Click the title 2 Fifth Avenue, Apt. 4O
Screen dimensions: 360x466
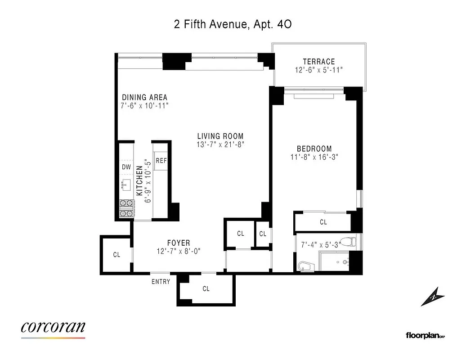[x=233, y=24]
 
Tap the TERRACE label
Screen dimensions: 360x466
[x=318, y=62]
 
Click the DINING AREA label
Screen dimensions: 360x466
[x=145, y=98]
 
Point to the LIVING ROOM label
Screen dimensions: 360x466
[x=220, y=136]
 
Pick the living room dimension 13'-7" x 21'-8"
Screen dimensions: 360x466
[x=220, y=144]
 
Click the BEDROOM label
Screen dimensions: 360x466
[x=314, y=148]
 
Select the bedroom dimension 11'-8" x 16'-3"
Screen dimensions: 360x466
[x=314, y=157]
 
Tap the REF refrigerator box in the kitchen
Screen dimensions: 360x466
[x=161, y=161]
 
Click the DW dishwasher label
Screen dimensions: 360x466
[x=126, y=167]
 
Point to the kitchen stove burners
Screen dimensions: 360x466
[x=127, y=209]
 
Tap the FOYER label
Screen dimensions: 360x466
[x=179, y=243]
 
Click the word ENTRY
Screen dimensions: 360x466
[x=161, y=282]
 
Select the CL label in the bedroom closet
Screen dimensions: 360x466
[x=323, y=222]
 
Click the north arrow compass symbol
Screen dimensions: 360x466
[x=432, y=297]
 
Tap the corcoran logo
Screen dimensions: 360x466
[x=53, y=328]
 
